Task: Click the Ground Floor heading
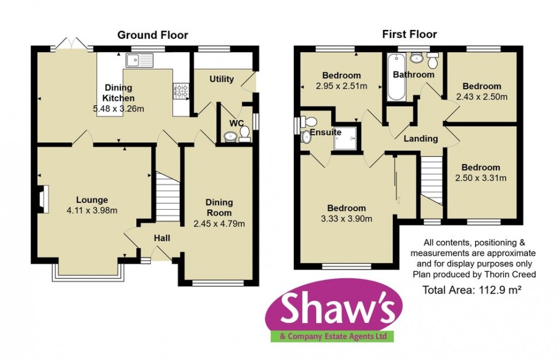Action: (153, 35)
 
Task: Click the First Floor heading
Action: (409, 34)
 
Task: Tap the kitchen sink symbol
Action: (139, 59)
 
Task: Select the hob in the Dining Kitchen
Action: (180, 90)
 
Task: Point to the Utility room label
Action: (221, 79)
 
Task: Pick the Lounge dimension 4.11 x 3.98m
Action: (91, 211)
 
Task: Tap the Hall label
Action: (162, 238)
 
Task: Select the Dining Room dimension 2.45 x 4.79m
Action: (219, 223)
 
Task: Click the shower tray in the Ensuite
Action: (347, 136)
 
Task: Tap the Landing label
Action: (421, 139)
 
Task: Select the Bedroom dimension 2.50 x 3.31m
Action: (481, 178)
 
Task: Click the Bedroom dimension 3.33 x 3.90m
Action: (347, 219)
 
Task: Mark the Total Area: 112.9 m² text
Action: (473, 289)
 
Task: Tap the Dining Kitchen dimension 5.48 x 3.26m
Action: (119, 109)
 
